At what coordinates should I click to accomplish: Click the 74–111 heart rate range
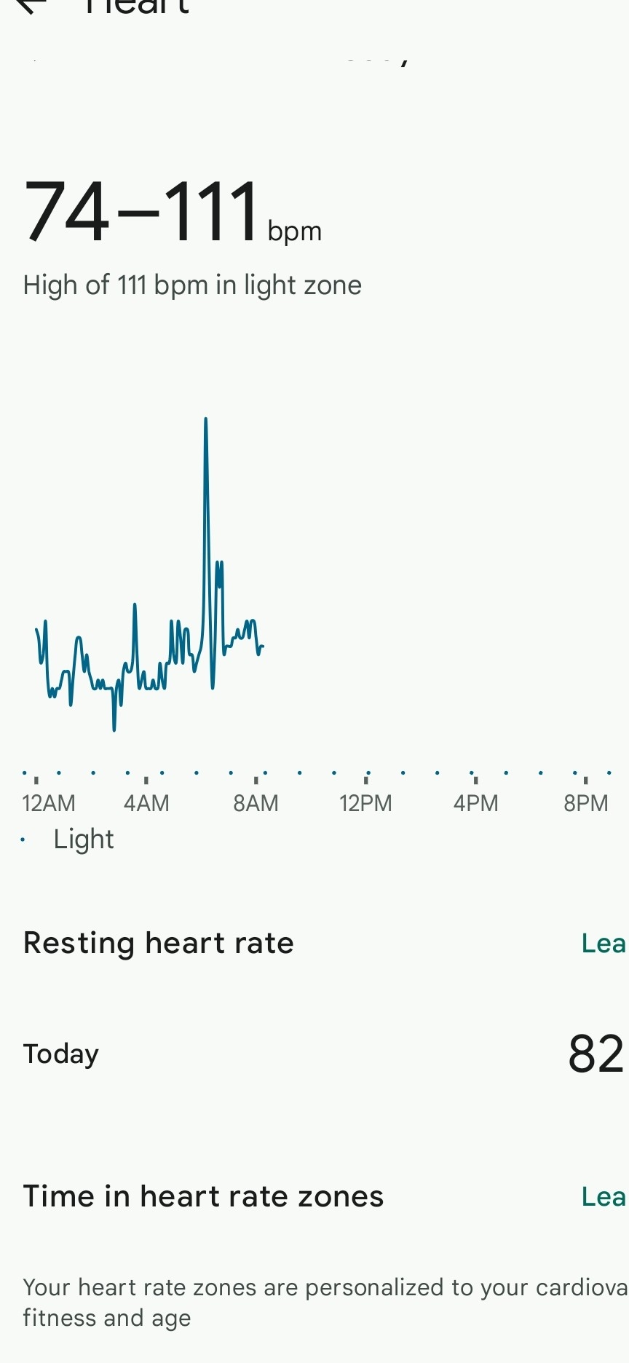[x=142, y=213]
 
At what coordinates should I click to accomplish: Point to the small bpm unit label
[x=294, y=232]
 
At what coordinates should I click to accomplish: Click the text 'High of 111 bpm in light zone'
[x=192, y=285]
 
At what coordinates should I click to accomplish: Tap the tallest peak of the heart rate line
[x=206, y=420]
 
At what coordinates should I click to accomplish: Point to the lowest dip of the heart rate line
[x=114, y=728]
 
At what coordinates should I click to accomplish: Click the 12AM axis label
[x=49, y=803]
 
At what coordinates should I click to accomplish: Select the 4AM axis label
[x=146, y=803]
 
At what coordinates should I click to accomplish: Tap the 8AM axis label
[x=256, y=803]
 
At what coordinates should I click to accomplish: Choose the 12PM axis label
[x=365, y=803]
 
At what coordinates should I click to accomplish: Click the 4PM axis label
[x=475, y=803]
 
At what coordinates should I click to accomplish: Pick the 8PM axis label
[x=585, y=803]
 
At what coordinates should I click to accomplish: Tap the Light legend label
[x=84, y=839]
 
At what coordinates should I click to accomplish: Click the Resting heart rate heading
[x=159, y=943]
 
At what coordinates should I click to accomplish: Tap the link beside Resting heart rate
[x=604, y=944]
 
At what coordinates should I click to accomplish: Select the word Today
[x=61, y=1054]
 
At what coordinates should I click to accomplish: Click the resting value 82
[x=596, y=1054]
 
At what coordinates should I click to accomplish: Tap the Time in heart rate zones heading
[x=203, y=1196]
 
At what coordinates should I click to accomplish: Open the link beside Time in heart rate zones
[x=604, y=1197]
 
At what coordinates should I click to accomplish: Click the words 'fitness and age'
[x=107, y=1318]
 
